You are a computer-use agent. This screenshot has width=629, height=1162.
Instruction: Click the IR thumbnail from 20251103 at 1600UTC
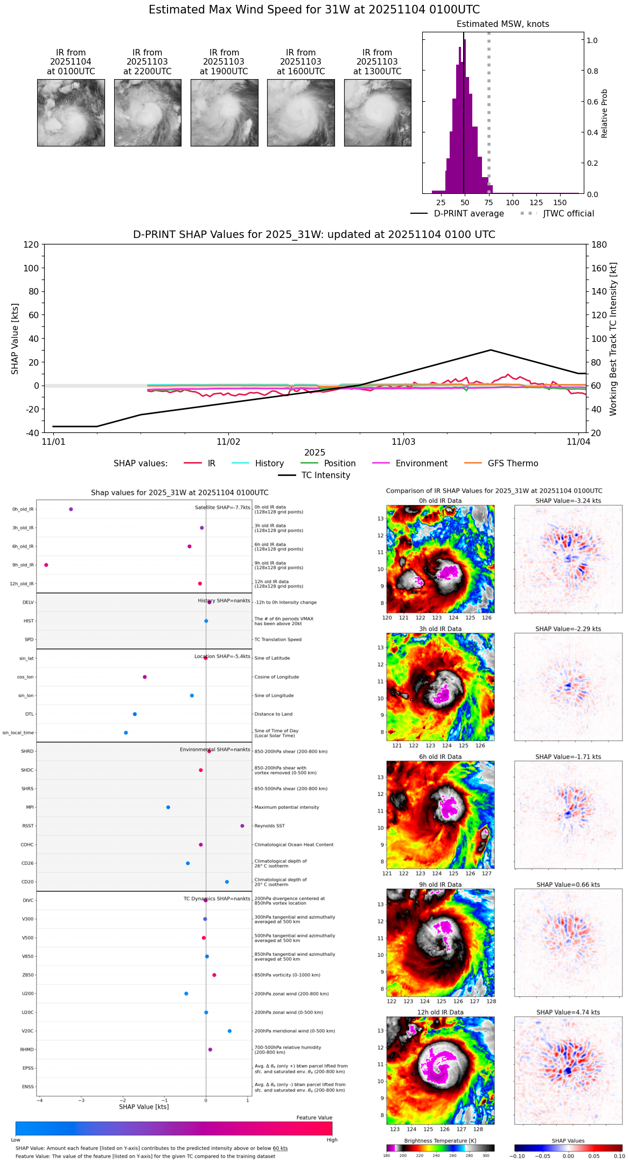click(x=300, y=113)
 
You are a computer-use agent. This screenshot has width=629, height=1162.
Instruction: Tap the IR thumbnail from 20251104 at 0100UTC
click(x=71, y=113)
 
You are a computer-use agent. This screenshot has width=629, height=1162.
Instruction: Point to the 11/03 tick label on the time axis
click(x=403, y=442)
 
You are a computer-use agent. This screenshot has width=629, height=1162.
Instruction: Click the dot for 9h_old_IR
click(x=46, y=565)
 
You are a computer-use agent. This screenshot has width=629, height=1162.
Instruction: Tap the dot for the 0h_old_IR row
click(x=71, y=509)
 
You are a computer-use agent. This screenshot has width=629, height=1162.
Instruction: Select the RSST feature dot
click(x=242, y=826)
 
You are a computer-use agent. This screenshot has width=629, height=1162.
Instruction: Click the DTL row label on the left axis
click(x=30, y=715)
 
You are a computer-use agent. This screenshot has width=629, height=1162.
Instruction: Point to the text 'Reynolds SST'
click(x=270, y=826)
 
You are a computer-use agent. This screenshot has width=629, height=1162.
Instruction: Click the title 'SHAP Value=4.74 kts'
click(x=568, y=1013)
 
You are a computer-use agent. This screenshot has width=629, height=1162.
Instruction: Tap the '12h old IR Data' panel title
click(x=440, y=1013)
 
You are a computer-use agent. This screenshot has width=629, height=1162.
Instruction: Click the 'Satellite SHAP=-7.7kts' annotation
click(x=222, y=508)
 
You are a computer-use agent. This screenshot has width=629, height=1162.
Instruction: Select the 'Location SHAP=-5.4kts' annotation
click(x=222, y=657)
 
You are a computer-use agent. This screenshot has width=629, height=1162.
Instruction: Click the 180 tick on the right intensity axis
click(x=599, y=245)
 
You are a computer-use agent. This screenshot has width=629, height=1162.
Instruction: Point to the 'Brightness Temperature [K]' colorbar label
click(x=440, y=1141)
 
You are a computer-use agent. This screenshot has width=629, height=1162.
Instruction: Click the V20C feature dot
click(x=230, y=1031)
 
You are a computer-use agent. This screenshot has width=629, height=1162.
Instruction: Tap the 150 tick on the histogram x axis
click(x=560, y=203)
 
